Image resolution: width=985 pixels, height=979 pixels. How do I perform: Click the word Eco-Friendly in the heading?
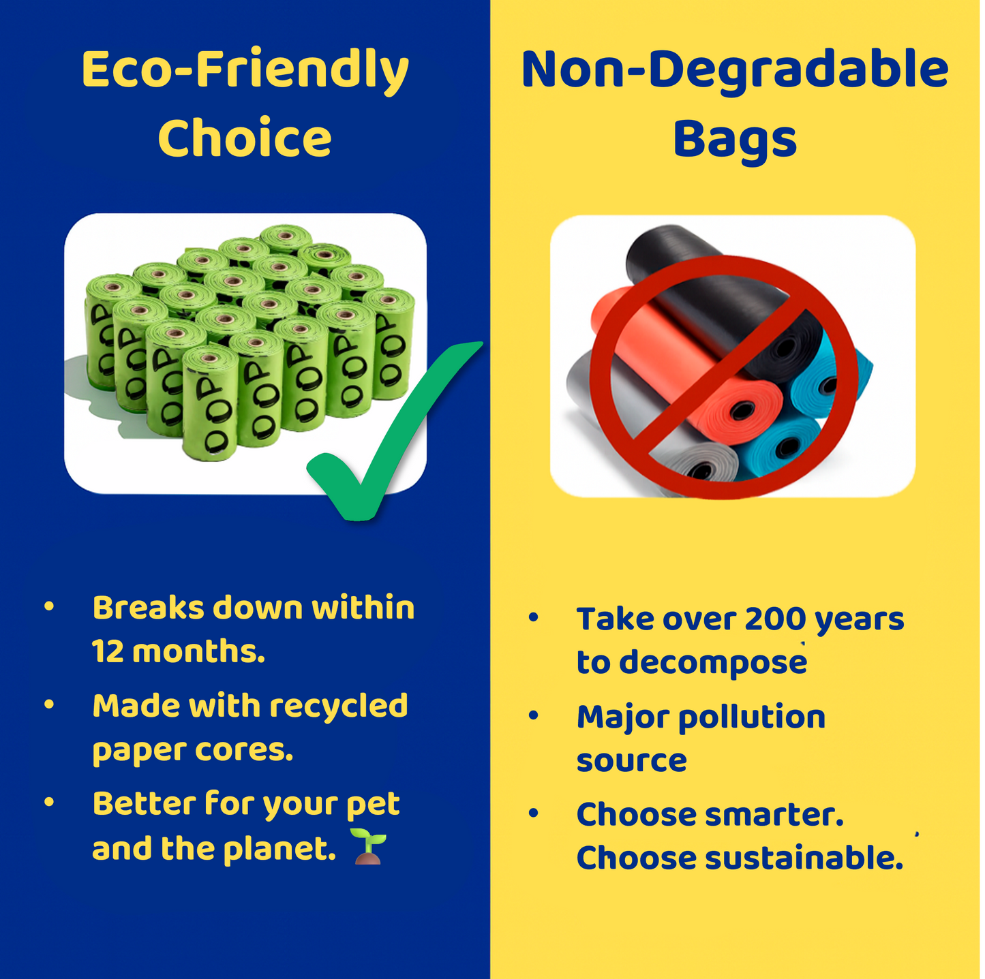pyautogui.click(x=245, y=71)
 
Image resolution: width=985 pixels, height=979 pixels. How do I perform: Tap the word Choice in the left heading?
pyautogui.click(x=245, y=138)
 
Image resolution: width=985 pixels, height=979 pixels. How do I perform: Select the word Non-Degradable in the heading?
pyautogui.click(x=735, y=71)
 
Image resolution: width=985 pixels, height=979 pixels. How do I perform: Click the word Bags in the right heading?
pyautogui.click(x=735, y=140)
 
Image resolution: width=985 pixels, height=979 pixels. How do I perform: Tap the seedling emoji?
pyautogui.click(x=369, y=847)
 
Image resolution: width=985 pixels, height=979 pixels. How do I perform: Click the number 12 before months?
pyautogui.click(x=107, y=651)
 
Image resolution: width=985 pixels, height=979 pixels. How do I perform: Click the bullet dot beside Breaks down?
pyautogui.click(x=49, y=606)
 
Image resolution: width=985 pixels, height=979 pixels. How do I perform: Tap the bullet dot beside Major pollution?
pyautogui.click(x=534, y=715)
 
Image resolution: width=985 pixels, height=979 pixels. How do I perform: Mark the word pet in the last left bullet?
pyautogui.click(x=373, y=805)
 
